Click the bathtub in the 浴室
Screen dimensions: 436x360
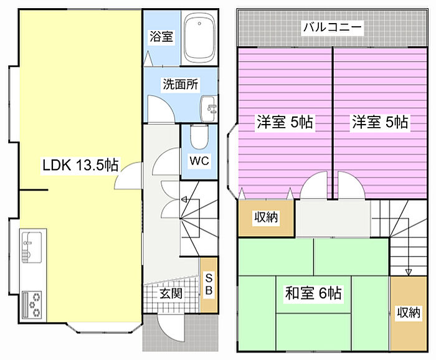coord(199,38)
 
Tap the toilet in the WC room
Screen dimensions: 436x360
coord(199,137)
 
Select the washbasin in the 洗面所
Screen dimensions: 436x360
coord(209,109)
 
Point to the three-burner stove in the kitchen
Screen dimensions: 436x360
coord(32,305)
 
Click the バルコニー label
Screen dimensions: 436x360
coord(332,27)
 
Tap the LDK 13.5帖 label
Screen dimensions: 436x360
coord(80,165)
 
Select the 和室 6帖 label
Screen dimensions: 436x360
coord(313,293)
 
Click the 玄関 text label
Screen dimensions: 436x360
coord(171,293)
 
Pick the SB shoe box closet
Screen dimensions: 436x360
coord(209,285)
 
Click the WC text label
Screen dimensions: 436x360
coord(199,161)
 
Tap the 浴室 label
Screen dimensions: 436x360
coord(161,36)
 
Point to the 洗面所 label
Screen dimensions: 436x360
coord(181,84)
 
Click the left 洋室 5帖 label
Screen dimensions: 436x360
coord(285,121)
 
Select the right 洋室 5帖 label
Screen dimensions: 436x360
coord(380,121)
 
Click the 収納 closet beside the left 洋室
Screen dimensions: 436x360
coord(266,218)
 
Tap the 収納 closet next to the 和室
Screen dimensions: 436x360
coord(409,313)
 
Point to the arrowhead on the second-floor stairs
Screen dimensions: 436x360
coord(408,272)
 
